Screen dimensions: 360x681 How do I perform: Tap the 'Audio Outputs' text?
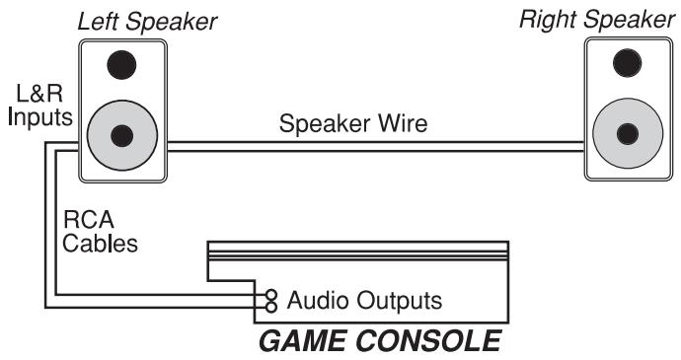coord(363,299)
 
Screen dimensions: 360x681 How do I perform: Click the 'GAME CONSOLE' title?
coord(379,342)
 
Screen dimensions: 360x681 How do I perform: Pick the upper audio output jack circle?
coord(270,294)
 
